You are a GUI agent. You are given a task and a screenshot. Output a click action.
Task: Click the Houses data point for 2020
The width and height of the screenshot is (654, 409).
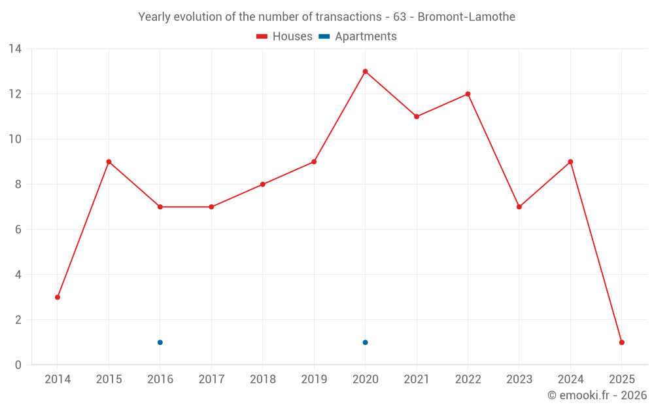365,71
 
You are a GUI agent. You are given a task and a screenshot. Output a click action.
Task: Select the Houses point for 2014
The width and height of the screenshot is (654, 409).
58,297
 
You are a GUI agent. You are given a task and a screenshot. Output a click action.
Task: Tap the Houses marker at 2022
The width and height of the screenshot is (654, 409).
468,94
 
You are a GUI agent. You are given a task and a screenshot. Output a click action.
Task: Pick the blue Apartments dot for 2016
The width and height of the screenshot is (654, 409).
160,342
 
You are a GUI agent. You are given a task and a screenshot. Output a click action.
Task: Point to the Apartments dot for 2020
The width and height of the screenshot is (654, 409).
365,342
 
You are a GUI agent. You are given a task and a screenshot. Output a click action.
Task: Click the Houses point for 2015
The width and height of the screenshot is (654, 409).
109,162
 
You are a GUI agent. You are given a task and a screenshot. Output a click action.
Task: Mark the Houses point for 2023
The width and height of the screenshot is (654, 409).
519,207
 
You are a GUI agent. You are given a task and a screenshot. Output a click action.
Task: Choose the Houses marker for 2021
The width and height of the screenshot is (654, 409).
417,116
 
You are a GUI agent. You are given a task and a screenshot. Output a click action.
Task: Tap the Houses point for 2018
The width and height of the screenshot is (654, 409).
263,185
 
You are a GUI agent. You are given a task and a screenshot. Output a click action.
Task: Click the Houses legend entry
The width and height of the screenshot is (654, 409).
284,37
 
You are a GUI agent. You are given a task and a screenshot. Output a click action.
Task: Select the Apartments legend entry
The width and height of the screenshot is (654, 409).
358,37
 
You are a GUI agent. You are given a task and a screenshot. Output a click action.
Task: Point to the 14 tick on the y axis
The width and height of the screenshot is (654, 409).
15,49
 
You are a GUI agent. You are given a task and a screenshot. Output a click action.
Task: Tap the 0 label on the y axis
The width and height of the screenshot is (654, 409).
18,365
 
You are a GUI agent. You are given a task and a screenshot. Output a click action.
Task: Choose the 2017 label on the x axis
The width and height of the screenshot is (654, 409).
211,380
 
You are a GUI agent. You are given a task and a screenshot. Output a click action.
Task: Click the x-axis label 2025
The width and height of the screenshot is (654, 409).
622,380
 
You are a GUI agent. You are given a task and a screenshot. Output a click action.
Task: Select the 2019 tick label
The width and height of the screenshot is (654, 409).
314,380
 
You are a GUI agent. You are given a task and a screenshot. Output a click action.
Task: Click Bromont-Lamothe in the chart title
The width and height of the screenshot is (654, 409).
466,17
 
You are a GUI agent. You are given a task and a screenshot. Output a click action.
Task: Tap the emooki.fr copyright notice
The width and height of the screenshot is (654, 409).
597,395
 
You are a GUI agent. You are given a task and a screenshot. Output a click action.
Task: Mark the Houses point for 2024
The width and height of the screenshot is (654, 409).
570,162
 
